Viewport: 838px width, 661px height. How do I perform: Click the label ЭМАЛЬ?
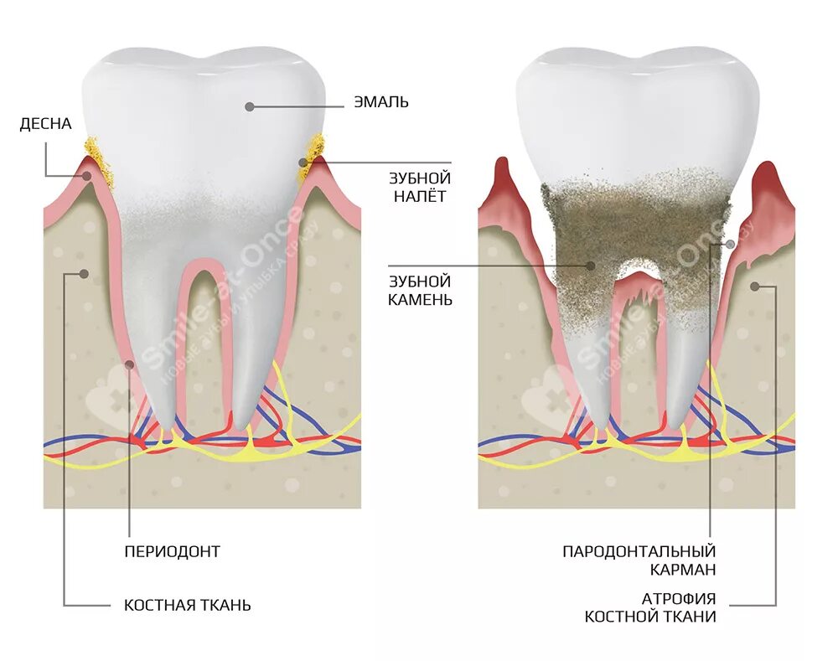381,103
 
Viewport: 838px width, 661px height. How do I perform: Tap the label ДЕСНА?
46,124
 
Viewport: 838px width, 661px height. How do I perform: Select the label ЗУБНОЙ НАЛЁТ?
420,187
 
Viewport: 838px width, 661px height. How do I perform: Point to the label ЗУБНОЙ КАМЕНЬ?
420,289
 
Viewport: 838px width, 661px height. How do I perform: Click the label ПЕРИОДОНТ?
172,551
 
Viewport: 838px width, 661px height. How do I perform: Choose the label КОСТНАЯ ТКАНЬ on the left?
187,605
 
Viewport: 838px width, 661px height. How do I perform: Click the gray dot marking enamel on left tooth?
249,106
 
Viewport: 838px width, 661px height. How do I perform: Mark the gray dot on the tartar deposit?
591,266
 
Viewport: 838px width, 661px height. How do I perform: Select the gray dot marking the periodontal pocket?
731,244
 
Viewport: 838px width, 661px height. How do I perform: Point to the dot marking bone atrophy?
754,286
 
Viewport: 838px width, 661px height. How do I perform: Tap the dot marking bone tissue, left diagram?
83,273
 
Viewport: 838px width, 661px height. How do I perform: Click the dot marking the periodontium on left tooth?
129,364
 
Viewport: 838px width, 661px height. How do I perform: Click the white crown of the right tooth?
637,109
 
